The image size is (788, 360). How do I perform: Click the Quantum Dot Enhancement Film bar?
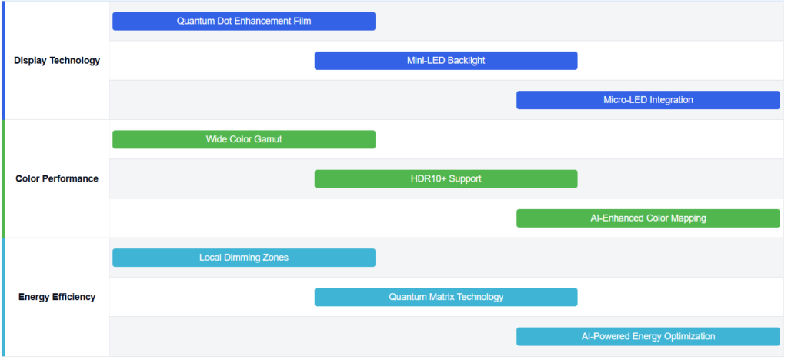[x=244, y=21]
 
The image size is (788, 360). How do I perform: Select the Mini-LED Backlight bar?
[x=446, y=61]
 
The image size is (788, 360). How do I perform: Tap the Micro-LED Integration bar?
[x=648, y=100]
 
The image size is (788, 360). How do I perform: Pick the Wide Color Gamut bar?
[x=244, y=139]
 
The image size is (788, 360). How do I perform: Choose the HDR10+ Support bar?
[x=446, y=178]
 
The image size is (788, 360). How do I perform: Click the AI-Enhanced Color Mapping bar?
[x=648, y=218]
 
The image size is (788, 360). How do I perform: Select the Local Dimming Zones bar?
[x=244, y=258]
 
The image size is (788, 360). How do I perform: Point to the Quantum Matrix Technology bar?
[x=446, y=297]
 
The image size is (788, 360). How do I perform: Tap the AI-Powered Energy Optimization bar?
[x=648, y=336]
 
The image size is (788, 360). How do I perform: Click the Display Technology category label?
[x=57, y=61]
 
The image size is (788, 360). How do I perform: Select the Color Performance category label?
[x=57, y=178]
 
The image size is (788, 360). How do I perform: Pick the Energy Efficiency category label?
[x=57, y=297]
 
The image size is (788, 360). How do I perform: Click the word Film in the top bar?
[x=302, y=21]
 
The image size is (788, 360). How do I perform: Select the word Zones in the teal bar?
[x=275, y=258]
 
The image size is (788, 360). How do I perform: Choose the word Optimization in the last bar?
[x=688, y=336]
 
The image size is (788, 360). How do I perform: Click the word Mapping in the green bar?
[x=687, y=218]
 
